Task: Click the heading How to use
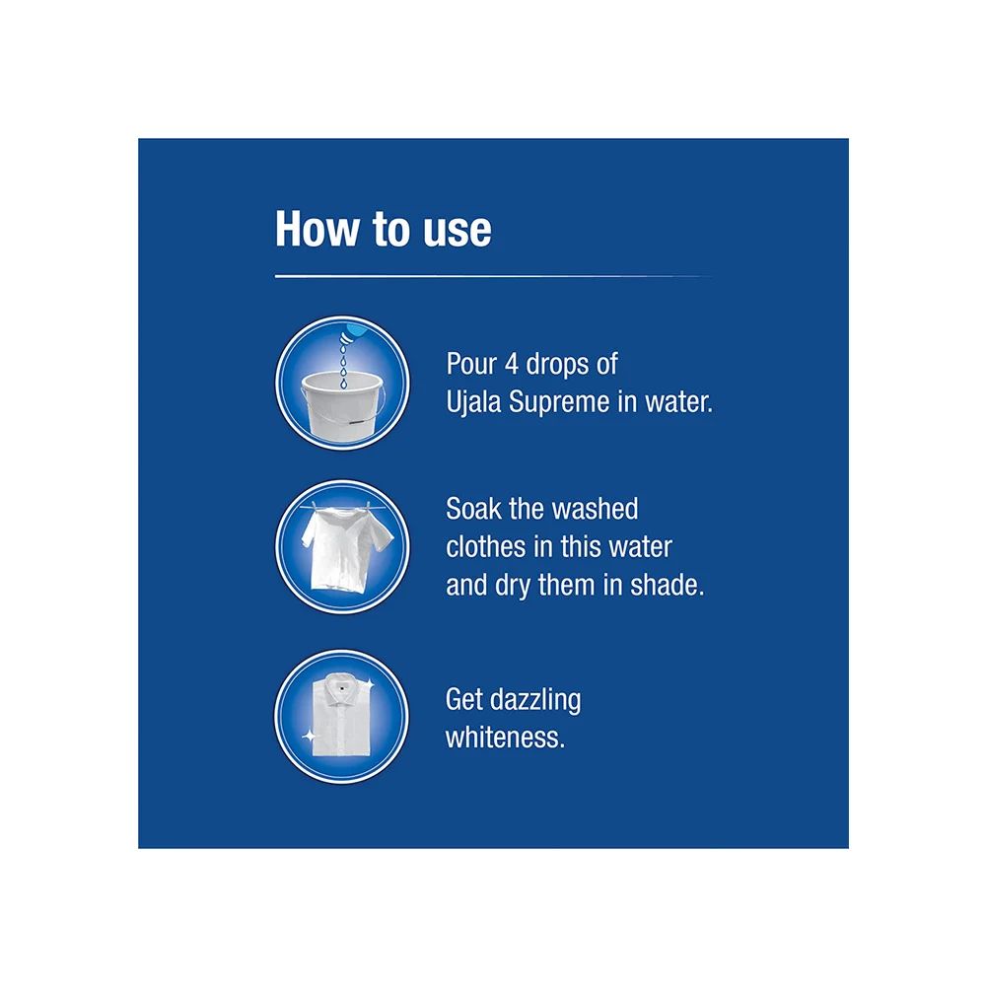click(x=383, y=228)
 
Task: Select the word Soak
click(x=475, y=510)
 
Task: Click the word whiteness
click(x=505, y=739)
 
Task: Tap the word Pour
click(x=471, y=364)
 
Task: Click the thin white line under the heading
click(x=493, y=277)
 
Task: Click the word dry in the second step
click(x=513, y=585)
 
